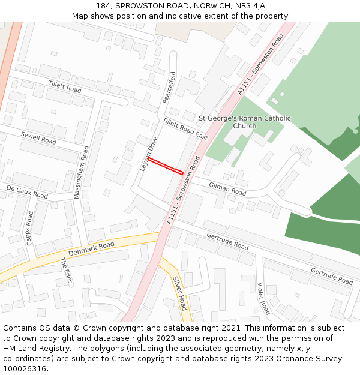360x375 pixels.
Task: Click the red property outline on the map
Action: point(165,166)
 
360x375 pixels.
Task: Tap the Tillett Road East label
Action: point(185,129)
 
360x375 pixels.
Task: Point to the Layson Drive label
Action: point(148,154)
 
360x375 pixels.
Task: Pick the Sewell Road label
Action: point(38,137)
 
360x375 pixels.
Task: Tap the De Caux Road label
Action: point(27,192)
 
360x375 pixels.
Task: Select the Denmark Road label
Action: point(91,248)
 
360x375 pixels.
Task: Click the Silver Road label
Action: point(179,293)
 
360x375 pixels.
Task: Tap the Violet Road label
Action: point(263,298)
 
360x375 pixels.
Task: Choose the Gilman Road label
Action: point(227,190)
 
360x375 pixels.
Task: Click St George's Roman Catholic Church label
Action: point(244,122)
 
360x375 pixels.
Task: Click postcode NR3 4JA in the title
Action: point(251,6)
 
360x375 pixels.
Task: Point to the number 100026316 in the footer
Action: point(25,368)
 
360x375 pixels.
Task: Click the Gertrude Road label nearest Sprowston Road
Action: point(227,242)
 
